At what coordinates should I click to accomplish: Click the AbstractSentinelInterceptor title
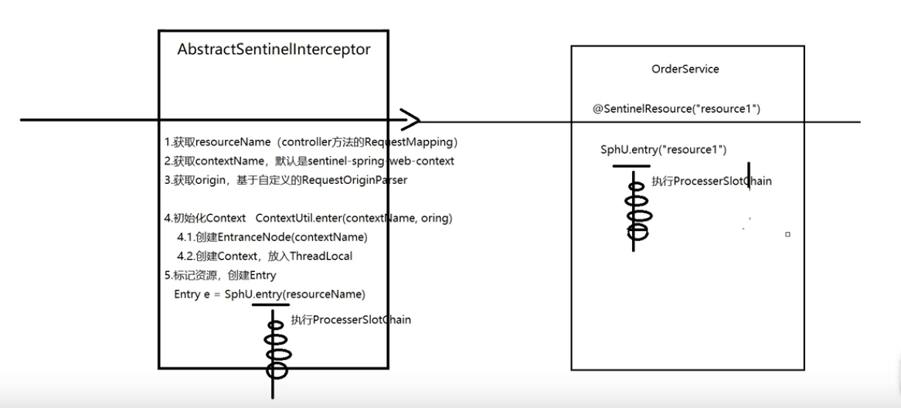tap(274, 49)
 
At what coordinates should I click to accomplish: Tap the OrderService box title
tap(685, 69)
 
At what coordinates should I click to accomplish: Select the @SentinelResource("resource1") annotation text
tap(676, 109)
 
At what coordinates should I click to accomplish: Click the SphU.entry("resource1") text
tap(663, 149)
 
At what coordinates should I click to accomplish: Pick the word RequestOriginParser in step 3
tap(355, 180)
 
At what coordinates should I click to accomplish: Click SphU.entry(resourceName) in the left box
tap(294, 294)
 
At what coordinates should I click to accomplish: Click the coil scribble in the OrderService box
tap(638, 210)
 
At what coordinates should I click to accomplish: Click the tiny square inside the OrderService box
tap(787, 234)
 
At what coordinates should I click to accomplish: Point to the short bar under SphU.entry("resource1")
tap(631, 166)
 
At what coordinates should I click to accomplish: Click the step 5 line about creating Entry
tap(220, 275)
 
